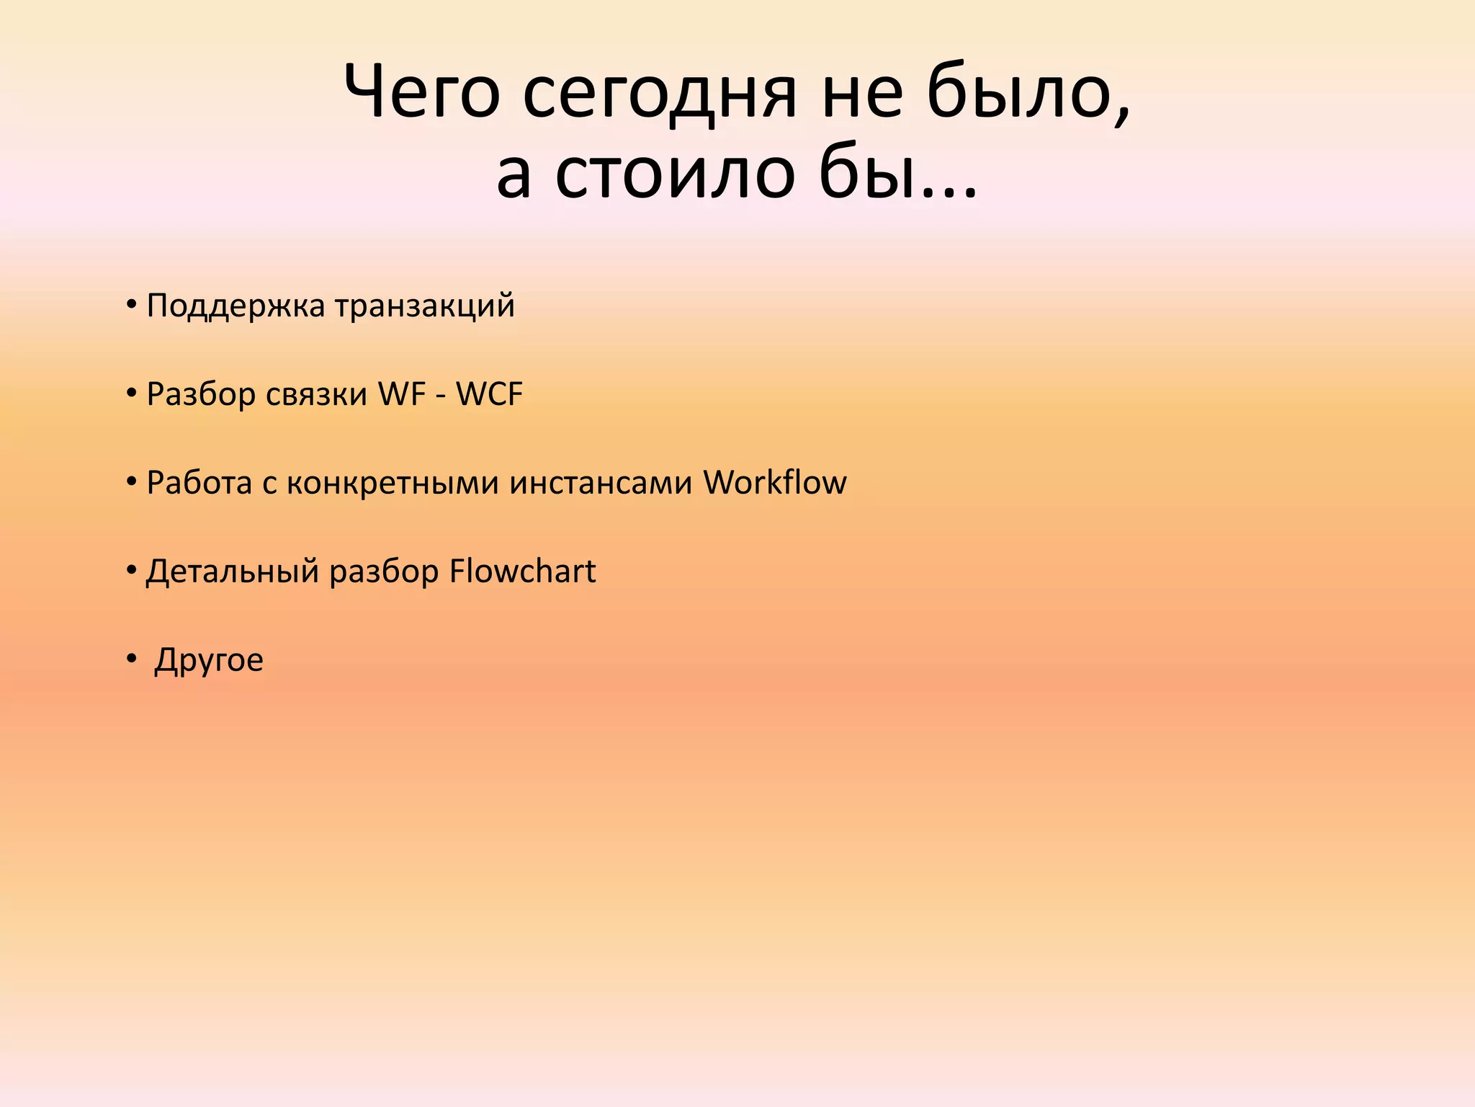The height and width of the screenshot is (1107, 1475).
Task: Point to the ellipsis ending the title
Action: [949, 189]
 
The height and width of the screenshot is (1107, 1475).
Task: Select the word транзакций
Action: [425, 306]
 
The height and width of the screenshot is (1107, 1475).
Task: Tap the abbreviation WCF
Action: [489, 394]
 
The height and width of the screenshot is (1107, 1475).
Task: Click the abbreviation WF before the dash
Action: [402, 394]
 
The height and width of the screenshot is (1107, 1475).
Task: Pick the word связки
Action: [316, 394]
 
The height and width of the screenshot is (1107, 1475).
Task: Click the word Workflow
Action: [775, 482]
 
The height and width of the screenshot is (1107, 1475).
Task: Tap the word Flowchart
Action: [522, 571]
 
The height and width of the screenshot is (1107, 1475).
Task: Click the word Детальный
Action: [232, 571]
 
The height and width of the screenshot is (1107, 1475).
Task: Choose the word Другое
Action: [209, 659]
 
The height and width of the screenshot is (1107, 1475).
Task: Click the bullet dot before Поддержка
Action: [131, 304]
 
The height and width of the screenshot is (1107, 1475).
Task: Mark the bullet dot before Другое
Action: [131, 658]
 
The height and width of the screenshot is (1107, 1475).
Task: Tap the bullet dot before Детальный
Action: [131, 569]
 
